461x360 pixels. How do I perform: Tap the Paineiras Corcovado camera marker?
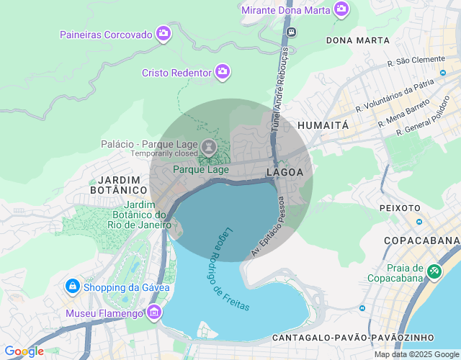tap(164, 33)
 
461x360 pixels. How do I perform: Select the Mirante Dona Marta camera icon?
tap(341, 9)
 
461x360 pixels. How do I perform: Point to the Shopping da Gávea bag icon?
tap(73, 287)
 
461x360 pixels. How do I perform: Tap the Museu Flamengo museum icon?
tap(153, 312)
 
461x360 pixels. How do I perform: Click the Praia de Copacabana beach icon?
tap(434, 271)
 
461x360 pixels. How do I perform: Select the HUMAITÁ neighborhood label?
tap(323, 125)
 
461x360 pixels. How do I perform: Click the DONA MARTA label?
tap(357, 40)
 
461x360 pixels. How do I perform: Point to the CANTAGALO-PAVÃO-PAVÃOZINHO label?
tap(353, 337)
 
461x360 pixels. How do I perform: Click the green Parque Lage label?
tap(201, 170)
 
